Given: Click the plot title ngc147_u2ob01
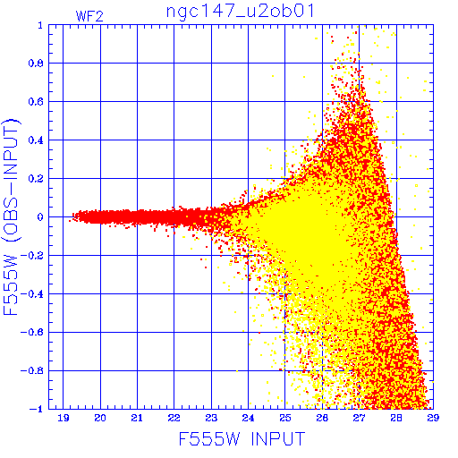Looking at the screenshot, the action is [241, 13].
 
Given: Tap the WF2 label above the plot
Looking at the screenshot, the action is [89, 16].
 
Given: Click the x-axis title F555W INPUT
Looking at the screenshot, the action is [242, 439].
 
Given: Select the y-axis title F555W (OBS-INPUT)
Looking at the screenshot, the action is [11, 216].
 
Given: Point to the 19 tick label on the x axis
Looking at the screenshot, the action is [64, 418].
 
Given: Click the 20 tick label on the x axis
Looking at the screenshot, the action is [100, 418].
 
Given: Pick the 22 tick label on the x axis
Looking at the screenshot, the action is [174, 418].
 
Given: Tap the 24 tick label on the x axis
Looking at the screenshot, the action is [248, 418].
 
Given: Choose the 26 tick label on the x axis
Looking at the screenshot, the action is [322, 418].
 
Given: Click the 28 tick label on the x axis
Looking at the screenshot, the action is [396, 418].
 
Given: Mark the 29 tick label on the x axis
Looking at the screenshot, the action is [433, 418].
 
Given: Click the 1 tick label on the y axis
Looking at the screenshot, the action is [40, 26].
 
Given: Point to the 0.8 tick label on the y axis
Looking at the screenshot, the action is [36, 64].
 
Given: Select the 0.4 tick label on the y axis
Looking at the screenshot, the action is [36, 140].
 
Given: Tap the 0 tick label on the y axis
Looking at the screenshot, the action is [40, 217].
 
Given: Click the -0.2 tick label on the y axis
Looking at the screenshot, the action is [32, 256].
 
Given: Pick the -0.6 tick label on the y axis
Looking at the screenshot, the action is [32, 332].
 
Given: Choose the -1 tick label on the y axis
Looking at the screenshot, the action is [37, 409].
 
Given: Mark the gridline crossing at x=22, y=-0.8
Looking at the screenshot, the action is [174, 370].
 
